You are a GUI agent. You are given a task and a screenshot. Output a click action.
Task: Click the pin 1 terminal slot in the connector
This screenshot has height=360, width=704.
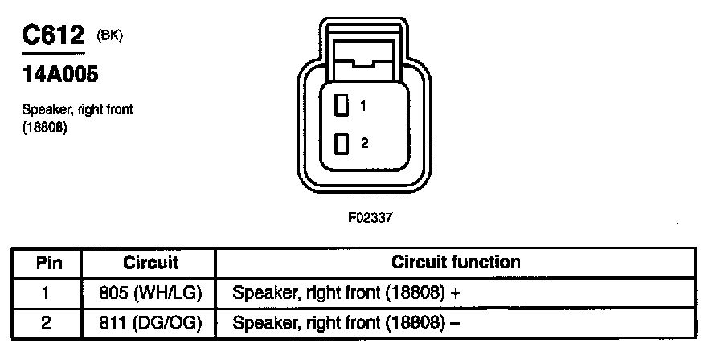click(342, 105)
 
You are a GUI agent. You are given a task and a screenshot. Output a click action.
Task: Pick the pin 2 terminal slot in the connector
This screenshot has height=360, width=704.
click(342, 144)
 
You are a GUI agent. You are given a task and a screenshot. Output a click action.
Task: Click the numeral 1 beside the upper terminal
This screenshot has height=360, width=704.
click(363, 105)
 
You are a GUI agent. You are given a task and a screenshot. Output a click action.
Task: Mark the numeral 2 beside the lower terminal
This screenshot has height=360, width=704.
click(364, 143)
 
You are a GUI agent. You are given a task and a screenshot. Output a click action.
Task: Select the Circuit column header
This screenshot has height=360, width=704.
click(150, 263)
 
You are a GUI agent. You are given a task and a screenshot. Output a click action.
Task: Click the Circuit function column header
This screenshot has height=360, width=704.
click(456, 262)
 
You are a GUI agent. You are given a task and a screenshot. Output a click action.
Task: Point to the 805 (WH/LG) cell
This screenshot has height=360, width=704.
click(150, 293)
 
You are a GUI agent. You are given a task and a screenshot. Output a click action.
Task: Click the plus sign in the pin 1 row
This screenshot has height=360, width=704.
click(456, 294)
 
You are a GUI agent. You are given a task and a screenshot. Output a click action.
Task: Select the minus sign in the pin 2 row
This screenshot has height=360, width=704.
click(456, 324)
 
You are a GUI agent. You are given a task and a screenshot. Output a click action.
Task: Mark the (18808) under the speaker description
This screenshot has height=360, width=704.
click(44, 127)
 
